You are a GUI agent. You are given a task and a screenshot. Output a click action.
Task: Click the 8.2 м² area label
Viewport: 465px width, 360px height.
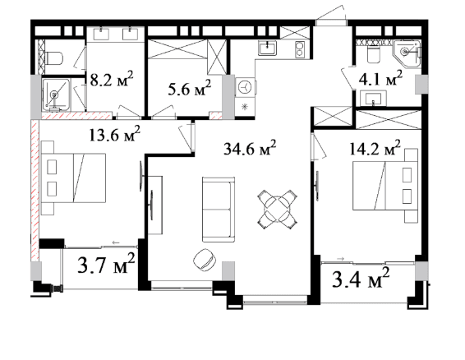coord(112,79)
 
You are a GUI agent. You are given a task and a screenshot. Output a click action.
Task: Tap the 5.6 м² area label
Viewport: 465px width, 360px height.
coord(190,88)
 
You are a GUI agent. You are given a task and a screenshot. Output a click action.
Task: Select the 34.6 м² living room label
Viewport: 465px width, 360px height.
coord(250,148)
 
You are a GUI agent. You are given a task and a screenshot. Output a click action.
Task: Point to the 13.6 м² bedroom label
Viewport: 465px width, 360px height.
coord(114,134)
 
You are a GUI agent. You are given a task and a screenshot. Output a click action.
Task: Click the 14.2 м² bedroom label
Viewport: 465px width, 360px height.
coord(375,148)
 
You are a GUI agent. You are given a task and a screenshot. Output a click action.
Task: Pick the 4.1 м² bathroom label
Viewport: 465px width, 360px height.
coord(380,78)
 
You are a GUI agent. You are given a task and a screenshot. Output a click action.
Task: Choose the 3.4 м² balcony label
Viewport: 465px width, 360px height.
coord(361,278)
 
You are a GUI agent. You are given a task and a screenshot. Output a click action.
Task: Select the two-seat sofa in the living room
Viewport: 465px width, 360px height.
coord(219,210)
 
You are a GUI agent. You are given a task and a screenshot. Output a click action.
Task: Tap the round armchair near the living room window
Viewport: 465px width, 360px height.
coord(205,260)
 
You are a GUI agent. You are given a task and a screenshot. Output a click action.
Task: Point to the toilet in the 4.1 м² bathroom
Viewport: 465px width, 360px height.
coord(374,53)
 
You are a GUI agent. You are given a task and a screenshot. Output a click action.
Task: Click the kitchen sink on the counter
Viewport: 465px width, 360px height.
coord(268,48)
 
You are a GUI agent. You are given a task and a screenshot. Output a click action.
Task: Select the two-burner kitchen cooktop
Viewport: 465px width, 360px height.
coord(300,48)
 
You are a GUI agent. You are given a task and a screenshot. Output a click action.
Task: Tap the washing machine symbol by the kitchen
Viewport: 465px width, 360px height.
coord(245,87)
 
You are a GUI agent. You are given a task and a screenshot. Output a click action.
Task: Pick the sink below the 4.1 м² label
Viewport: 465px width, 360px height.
coord(373,99)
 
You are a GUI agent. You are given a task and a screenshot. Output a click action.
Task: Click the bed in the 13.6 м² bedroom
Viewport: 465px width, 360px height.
coord(74,178)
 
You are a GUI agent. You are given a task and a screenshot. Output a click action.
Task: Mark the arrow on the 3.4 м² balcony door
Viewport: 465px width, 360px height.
coord(341,259)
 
